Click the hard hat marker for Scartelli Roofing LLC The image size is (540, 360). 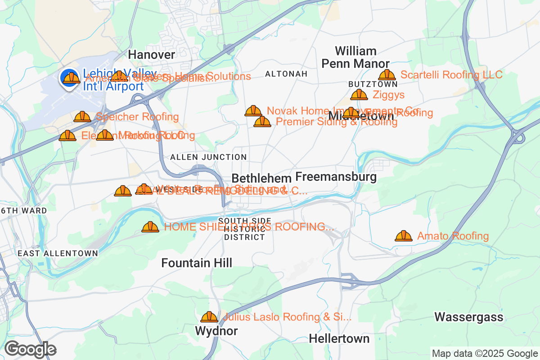(x=387, y=75)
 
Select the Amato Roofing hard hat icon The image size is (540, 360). (x=404, y=236)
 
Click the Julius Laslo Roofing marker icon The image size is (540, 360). (x=209, y=317)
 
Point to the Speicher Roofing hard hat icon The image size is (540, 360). (x=82, y=117)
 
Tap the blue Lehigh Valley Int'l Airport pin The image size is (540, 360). (x=70, y=78)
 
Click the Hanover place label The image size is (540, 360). (x=152, y=54)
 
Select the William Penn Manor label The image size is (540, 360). (x=355, y=57)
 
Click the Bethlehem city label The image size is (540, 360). (x=261, y=177)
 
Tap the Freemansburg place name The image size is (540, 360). (x=336, y=176)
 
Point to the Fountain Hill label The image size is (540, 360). (x=197, y=263)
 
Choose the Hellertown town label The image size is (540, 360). (x=339, y=338)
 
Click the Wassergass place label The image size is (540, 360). (x=468, y=317)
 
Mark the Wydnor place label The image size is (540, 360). (x=216, y=331)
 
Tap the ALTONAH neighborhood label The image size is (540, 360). (x=286, y=73)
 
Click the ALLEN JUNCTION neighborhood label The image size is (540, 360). (x=208, y=157)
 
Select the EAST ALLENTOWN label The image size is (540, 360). (x=58, y=253)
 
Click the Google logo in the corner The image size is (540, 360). (x=30, y=349)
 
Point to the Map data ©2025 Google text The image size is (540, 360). (x=484, y=353)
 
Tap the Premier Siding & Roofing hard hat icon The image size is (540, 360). (x=262, y=121)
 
